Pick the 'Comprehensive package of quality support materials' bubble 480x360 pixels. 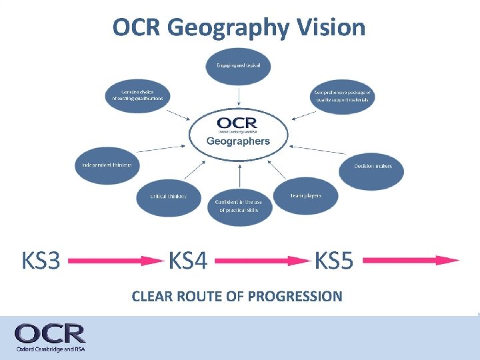[x=343, y=97]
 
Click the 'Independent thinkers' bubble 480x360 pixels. [x=107, y=165]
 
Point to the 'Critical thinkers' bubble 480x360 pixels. [x=169, y=196]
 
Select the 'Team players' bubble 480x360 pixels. [x=306, y=195]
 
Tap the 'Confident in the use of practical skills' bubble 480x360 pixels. [x=238, y=205]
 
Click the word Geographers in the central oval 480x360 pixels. [x=238, y=141]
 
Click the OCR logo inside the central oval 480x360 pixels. [x=237, y=125]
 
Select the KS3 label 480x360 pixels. [x=41, y=261]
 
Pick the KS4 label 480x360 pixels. [x=188, y=261]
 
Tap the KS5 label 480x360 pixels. [x=333, y=261]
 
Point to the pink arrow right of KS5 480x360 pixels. [x=411, y=261]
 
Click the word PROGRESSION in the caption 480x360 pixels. [x=294, y=296]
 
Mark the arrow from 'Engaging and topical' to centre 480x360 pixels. [x=238, y=95]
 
